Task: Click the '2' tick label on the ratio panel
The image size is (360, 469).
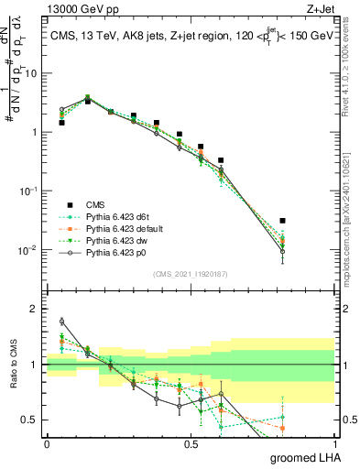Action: [36, 309]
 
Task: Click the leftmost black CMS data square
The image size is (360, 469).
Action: [61, 122]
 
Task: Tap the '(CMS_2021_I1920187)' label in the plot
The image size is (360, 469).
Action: [191, 272]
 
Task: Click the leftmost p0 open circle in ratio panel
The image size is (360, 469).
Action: [61, 322]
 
